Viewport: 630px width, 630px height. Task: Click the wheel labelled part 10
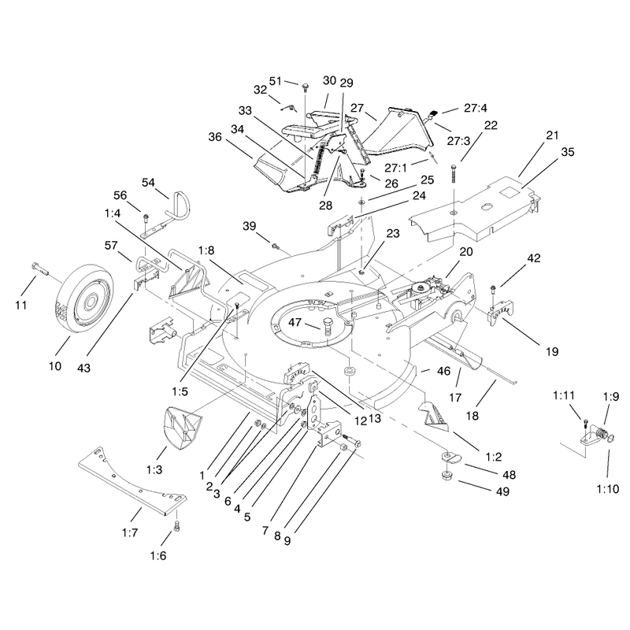point(83,298)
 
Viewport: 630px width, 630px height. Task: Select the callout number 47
point(295,322)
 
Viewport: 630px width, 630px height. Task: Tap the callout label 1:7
point(130,533)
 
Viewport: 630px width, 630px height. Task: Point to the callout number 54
point(148,183)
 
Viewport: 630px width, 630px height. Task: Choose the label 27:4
point(476,108)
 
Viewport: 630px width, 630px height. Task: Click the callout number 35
point(568,152)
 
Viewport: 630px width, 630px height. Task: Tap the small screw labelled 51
point(305,87)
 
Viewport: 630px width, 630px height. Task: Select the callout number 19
point(552,351)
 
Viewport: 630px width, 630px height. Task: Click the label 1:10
point(608,489)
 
